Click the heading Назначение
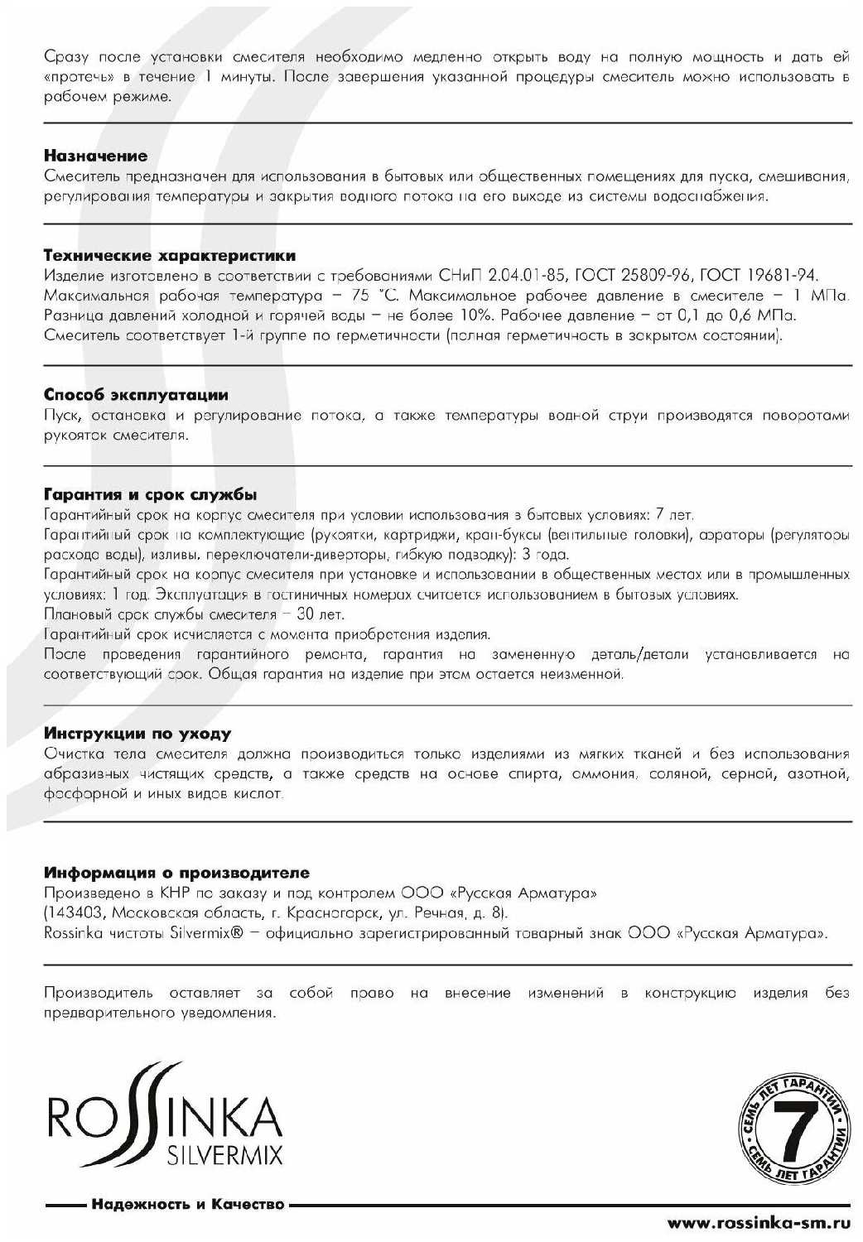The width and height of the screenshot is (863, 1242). coord(95,156)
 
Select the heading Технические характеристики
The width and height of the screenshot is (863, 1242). coord(169,256)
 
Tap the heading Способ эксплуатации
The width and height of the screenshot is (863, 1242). coord(135,395)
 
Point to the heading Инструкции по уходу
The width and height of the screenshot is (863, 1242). coord(137,734)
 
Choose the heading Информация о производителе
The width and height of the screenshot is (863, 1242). coord(176,873)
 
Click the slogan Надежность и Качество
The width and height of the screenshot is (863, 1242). coord(188,1204)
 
